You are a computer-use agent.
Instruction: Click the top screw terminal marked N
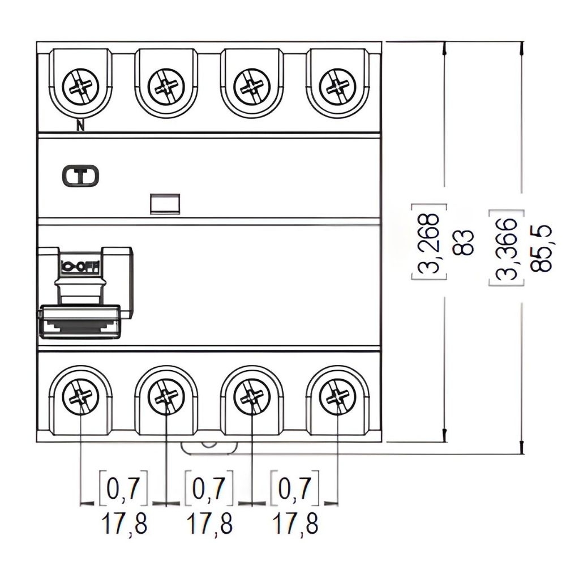point(80,87)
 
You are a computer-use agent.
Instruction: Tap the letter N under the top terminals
point(80,127)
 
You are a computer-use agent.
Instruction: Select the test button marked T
point(80,177)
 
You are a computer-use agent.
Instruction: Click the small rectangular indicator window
point(165,203)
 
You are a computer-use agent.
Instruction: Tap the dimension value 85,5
point(542,248)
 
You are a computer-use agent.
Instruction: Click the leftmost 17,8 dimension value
point(124,524)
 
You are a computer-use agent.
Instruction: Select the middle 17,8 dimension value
point(209,524)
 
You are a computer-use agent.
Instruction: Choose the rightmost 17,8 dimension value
point(295,524)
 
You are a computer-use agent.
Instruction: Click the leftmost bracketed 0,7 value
point(124,487)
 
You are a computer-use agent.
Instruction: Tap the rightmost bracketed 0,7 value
point(295,487)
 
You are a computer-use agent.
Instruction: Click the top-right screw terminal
point(337,87)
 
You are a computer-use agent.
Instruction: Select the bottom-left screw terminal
point(80,397)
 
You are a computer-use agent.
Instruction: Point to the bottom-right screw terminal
point(337,397)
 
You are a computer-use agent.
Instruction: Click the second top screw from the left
point(166,87)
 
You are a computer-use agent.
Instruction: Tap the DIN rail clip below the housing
point(209,447)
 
